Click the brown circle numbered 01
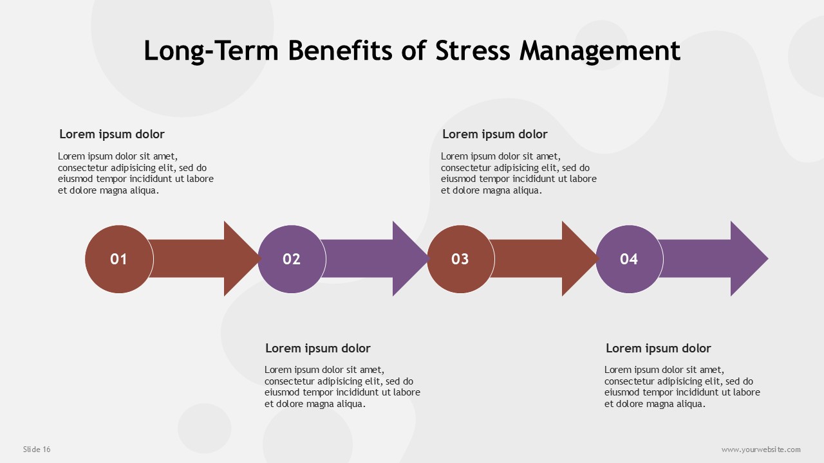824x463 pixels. click(x=119, y=259)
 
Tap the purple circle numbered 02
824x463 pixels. click(x=292, y=259)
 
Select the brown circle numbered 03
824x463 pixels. click(x=460, y=259)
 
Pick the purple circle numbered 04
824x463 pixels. click(x=629, y=259)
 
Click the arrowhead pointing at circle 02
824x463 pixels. click(x=241, y=259)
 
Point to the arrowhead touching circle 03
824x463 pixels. click(x=410, y=259)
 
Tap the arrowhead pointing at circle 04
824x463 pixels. click(x=579, y=259)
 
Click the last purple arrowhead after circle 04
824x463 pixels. click(x=748, y=259)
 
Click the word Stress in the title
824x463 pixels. click(x=473, y=50)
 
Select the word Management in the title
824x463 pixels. click(x=600, y=51)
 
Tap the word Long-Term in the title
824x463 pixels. click(x=211, y=51)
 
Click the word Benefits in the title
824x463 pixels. click(x=341, y=50)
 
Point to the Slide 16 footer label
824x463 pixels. click(x=37, y=449)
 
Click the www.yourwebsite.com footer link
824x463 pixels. click(x=761, y=449)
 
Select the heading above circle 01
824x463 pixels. click(x=112, y=134)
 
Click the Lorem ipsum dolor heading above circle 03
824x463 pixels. click(x=495, y=134)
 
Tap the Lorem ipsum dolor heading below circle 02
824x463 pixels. click(x=318, y=348)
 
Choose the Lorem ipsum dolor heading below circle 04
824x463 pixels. click(x=659, y=348)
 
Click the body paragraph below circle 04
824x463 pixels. click(x=682, y=386)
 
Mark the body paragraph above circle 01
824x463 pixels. click(x=136, y=173)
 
